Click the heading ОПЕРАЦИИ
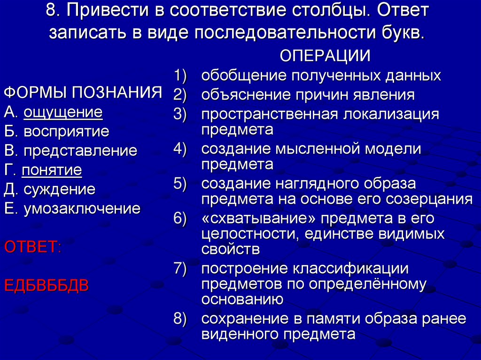326,56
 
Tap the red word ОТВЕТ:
32,247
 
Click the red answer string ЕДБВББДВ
46,285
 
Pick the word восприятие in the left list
66,131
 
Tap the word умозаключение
82,208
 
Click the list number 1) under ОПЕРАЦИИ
180,76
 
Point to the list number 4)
180,149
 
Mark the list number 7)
180,269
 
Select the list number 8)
180,319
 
